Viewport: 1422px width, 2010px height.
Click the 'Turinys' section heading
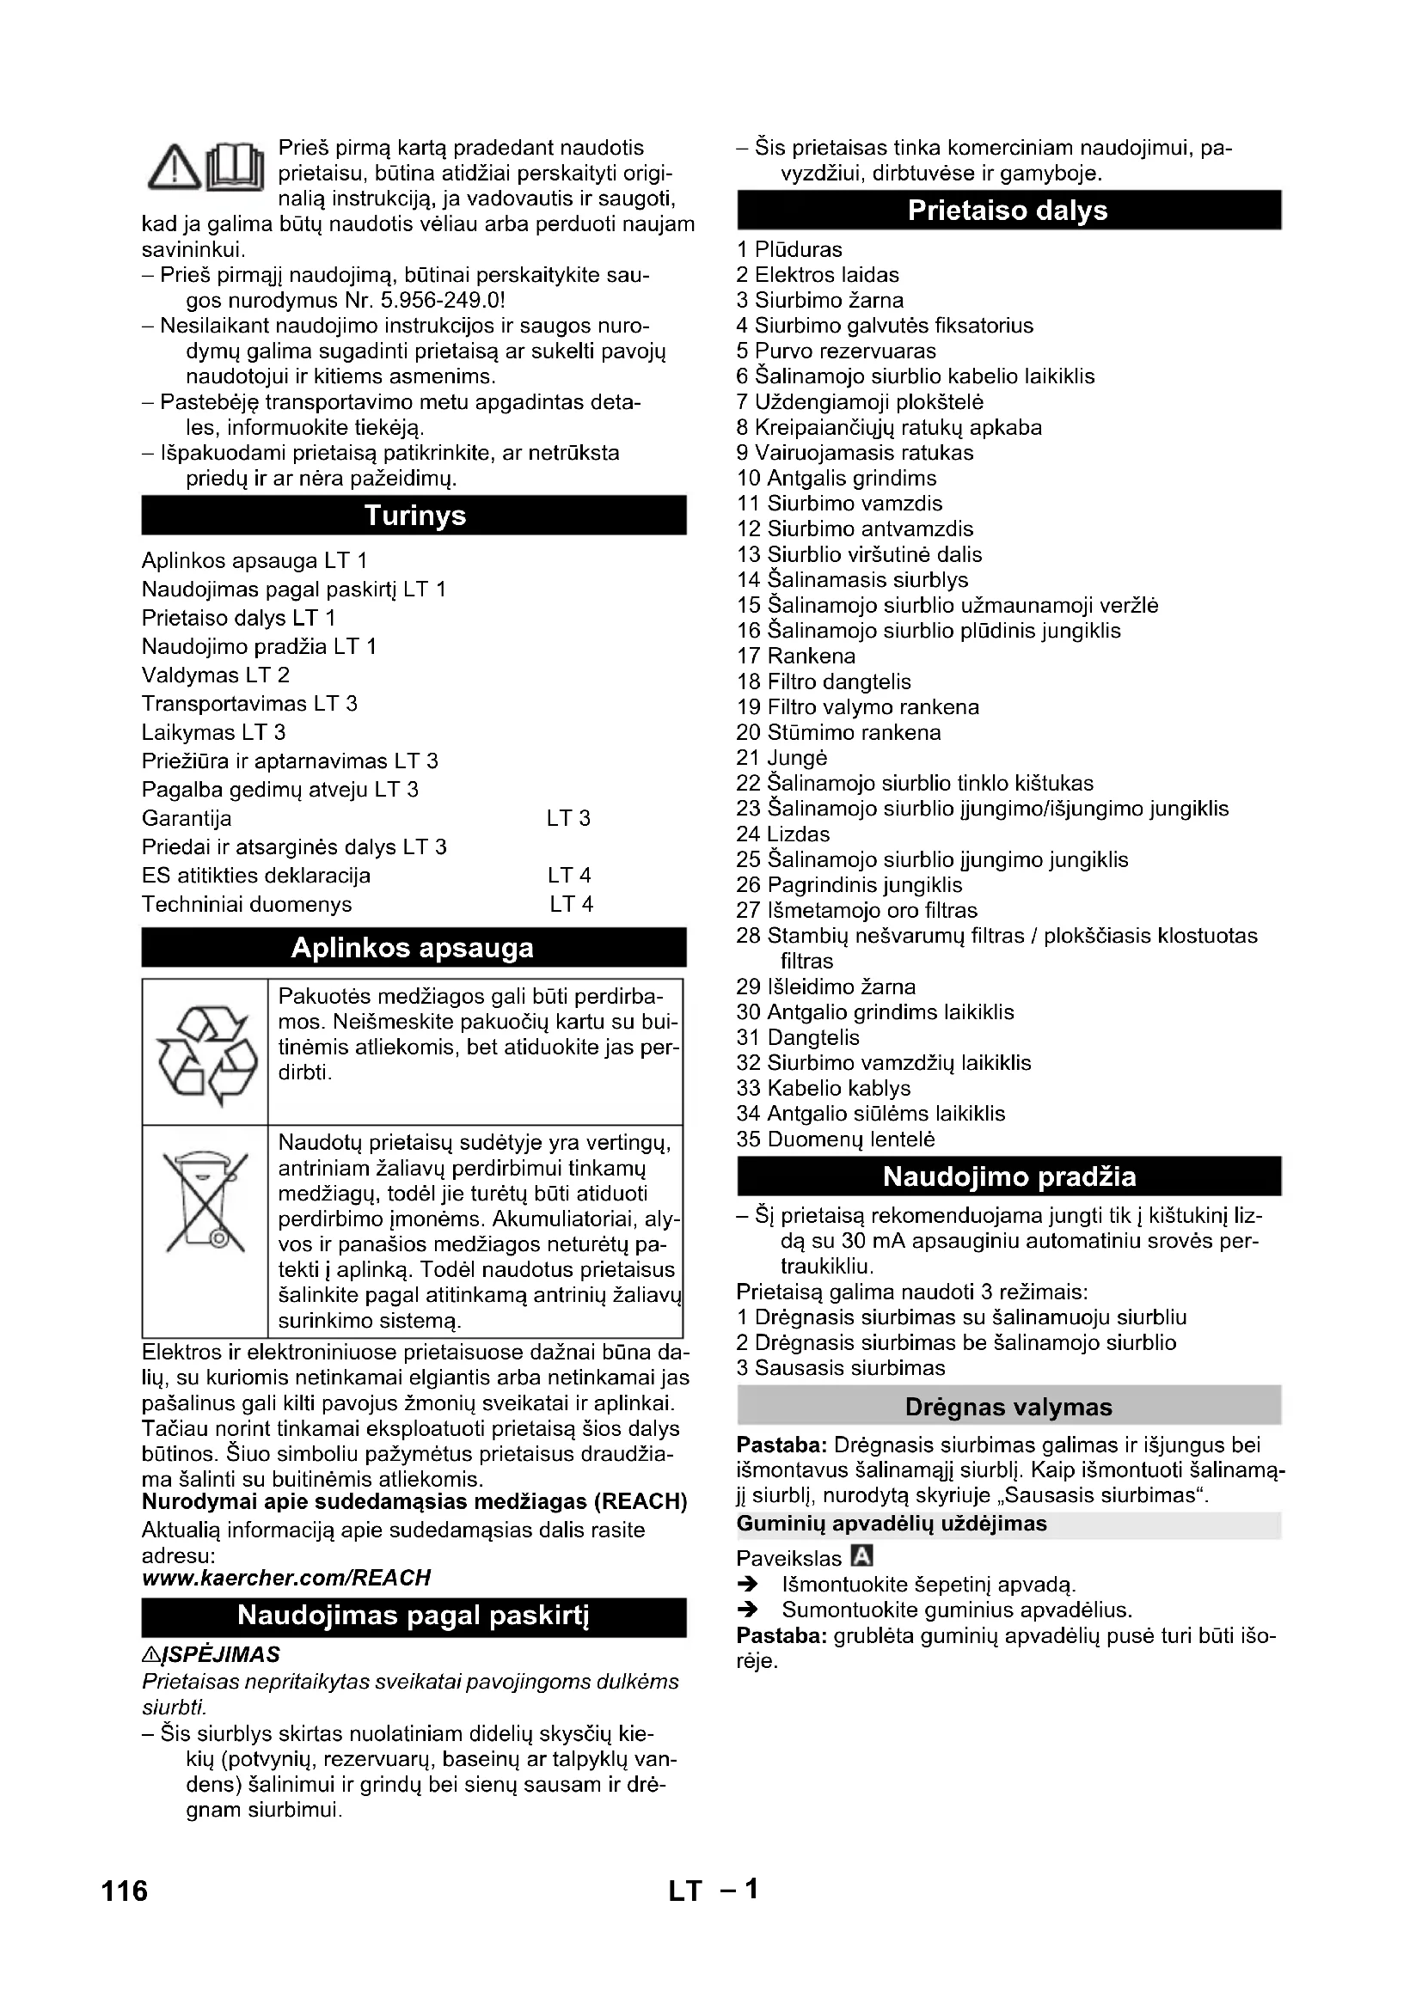(x=414, y=516)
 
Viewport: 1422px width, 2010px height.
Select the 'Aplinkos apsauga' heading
(x=413, y=948)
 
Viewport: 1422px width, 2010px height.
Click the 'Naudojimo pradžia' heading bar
(x=1008, y=1176)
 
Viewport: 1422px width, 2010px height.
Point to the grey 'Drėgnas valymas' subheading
(x=1008, y=1407)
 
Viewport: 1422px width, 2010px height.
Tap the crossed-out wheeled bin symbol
(x=205, y=1201)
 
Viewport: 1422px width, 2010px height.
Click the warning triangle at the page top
(x=175, y=168)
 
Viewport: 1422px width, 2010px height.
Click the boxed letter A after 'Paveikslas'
(x=862, y=1556)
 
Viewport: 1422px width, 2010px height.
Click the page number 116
(x=126, y=1891)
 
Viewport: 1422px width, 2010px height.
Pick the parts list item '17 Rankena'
(x=796, y=656)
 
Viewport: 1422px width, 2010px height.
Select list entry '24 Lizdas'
(x=783, y=834)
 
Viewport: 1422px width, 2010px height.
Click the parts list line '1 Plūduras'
(x=789, y=249)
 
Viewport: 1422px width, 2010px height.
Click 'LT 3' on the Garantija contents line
(x=568, y=819)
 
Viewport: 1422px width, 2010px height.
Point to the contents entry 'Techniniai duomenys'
(x=247, y=904)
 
